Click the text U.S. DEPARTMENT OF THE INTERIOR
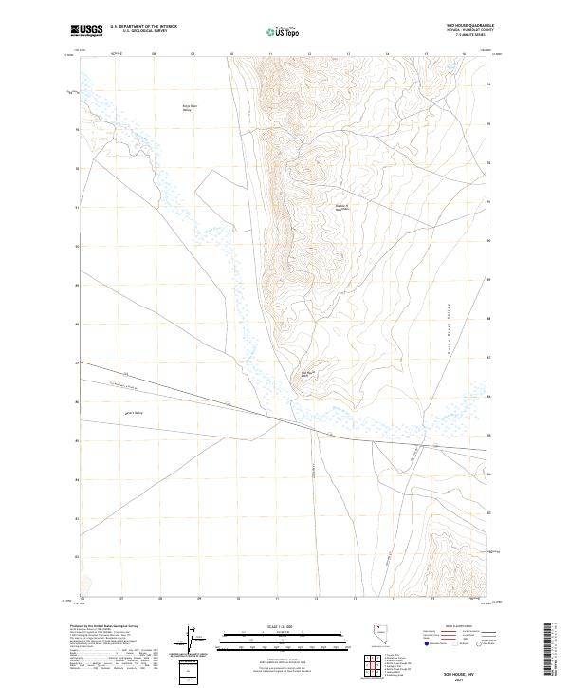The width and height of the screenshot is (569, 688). click(x=144, y=26)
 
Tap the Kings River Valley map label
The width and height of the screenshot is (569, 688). click(x=189, y=108)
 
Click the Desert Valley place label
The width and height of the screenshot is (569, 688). click(x=134, y=413)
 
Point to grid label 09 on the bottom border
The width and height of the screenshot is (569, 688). click(x=198, y=599)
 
